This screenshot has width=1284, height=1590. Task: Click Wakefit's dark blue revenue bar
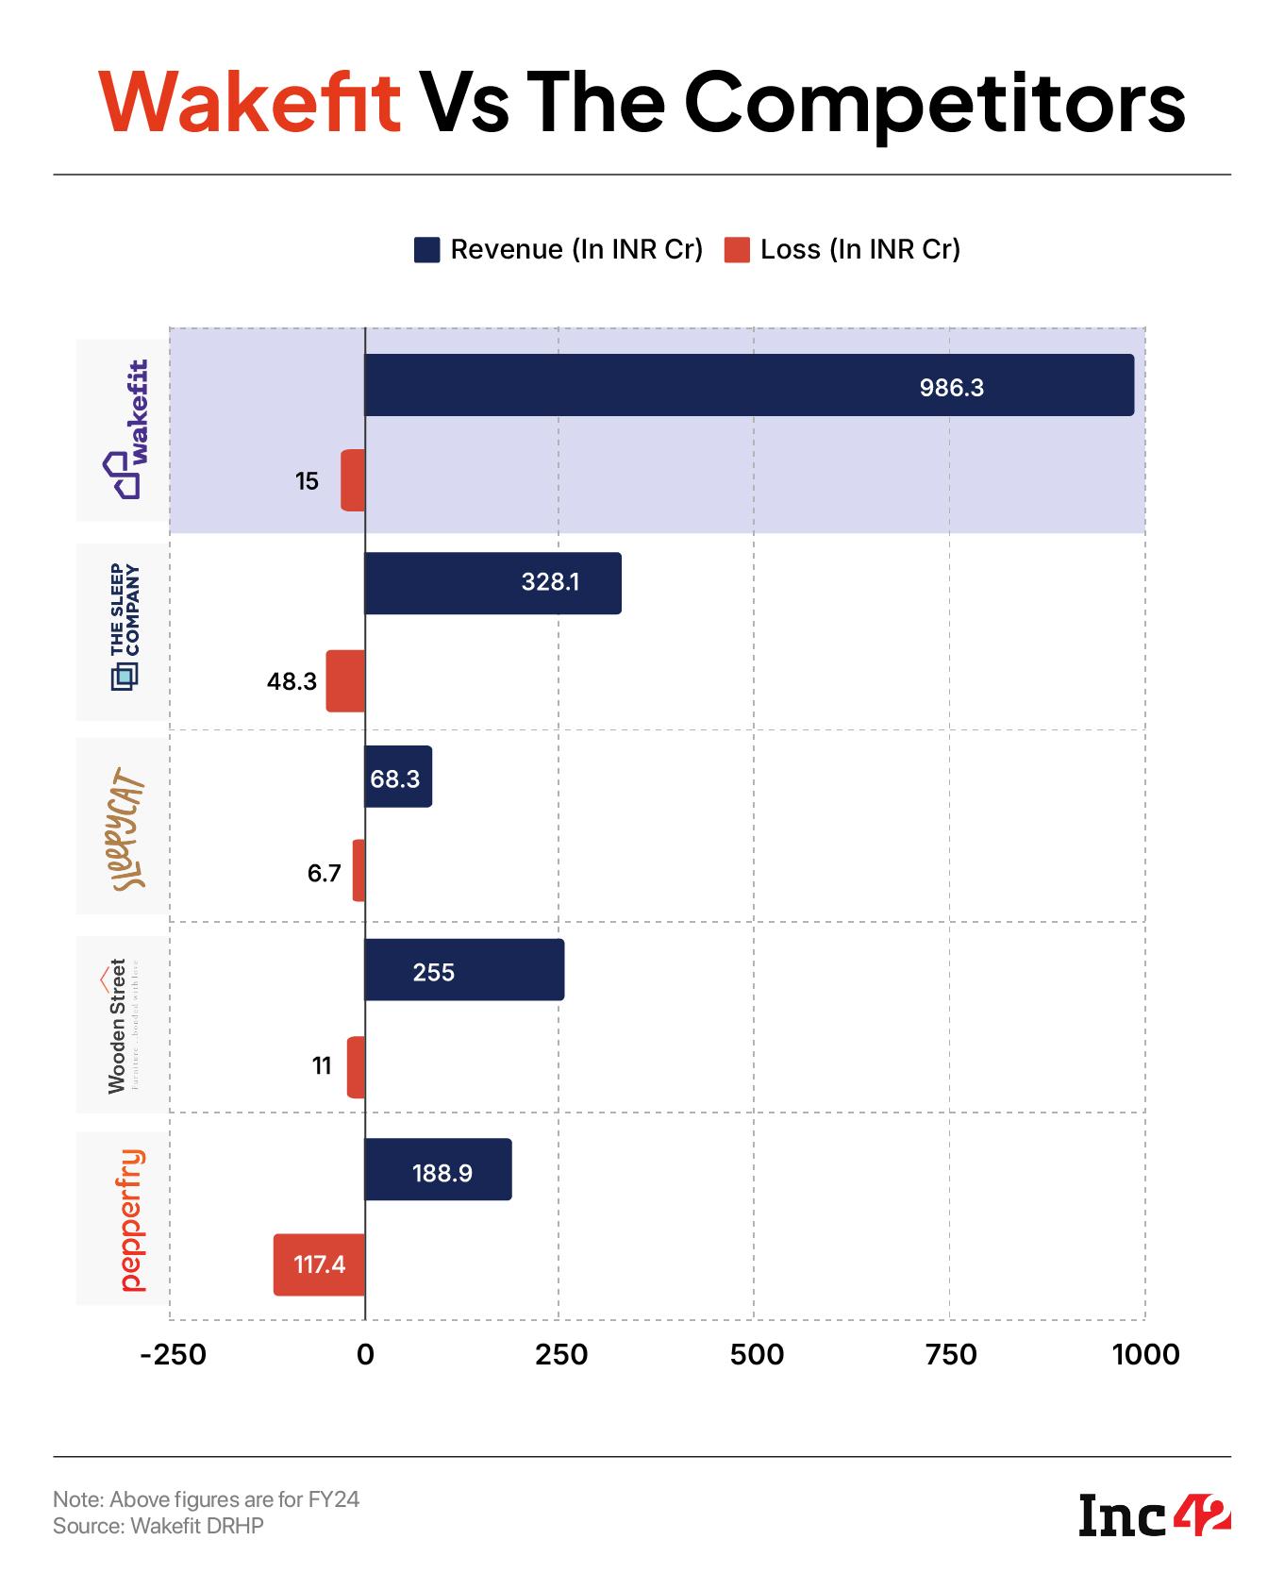click(x=748, y=385)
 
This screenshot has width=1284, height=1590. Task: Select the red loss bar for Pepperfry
click(x=319, y=1264)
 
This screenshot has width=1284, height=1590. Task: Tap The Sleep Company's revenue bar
click(x=492, y=583)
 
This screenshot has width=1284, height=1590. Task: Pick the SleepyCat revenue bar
click(x=397, y=777)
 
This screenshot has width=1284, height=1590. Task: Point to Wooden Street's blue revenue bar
click(x=464, y=970)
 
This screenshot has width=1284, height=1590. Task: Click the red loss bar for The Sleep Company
click(x=345, y=680)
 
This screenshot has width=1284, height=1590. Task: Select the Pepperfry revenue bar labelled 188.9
click(x=438, y=1170)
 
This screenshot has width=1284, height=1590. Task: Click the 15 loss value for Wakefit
click(x=307, y=482)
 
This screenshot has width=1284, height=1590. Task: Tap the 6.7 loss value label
click(x=324, y=874)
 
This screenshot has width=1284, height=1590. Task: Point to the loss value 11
click(x=322, y=1066)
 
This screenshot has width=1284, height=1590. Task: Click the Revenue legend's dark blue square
click(x=426, y=250)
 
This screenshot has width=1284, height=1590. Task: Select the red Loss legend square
click(x=737, y=250)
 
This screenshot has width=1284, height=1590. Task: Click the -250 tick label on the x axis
click(x=173, y=1355)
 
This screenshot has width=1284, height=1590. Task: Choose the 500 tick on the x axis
click(x=756, y=1355)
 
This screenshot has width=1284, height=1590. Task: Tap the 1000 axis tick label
click(x=1145, y=1355)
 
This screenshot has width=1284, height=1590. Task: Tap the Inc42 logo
click(x=1154, y=1514)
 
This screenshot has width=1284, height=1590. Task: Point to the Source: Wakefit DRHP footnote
click(x=158, y=1525)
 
